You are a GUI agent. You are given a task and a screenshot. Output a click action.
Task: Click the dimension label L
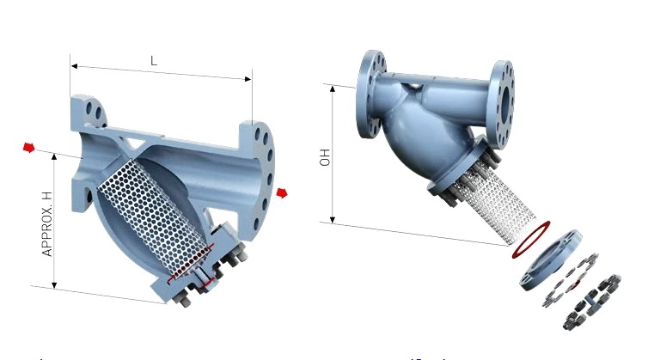154,61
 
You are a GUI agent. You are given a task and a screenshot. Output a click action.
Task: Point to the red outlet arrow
282,192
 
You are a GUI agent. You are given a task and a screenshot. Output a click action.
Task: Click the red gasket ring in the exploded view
530,240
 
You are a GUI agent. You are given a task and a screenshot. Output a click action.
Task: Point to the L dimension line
161,73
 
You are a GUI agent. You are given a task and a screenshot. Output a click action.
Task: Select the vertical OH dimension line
332,155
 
